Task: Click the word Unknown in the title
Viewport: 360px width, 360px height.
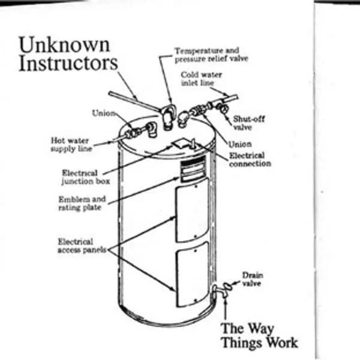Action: point(64,44)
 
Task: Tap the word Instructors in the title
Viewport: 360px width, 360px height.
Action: point(68,64)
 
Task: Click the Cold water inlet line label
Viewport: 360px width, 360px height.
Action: point(200,79)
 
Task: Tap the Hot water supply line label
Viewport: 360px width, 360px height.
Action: point(71,144)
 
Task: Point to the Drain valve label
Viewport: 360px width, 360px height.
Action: point(252,279)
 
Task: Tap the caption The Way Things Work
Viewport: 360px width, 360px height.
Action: point(259,335)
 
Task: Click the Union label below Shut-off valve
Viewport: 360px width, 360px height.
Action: point(240,144)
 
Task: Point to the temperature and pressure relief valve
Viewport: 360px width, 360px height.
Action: point(170,114)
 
